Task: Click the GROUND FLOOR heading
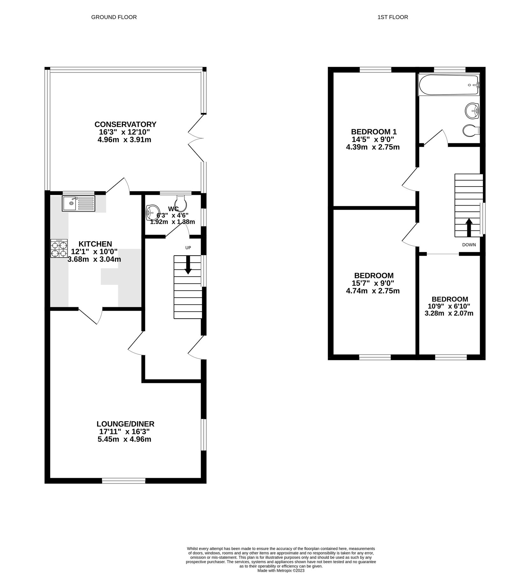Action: click(114, 17)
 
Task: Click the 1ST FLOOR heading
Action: click(392, 17)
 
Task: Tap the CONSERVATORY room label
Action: click(125, 124)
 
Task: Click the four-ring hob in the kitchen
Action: click(59, 249)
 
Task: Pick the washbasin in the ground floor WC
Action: click(153, 213)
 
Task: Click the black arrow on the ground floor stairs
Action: click(188, 265)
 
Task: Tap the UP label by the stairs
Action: click(188, 248)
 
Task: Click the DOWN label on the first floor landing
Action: click(469, 245)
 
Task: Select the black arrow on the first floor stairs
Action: click(469, 227)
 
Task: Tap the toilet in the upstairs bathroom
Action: click(471, 131)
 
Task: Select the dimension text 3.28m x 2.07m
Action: click(449, 313)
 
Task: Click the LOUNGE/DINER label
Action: click(125, 424)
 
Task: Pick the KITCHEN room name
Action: click(95, 244)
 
